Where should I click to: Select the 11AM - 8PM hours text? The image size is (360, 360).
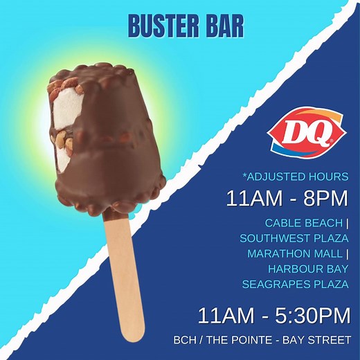(287, 199)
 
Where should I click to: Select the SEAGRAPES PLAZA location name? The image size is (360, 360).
(296, 284)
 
